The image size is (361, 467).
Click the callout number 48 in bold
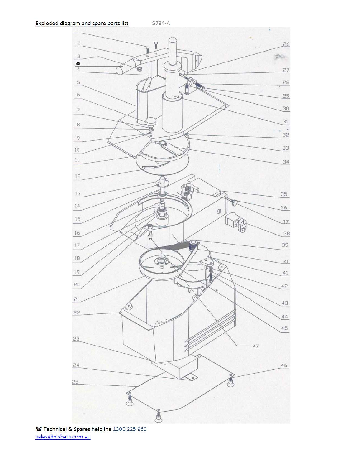(78, 64)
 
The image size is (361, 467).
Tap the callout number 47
(256, 346)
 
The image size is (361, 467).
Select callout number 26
(286, 44)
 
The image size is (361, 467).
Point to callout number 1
(78, 30)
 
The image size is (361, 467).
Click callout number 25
(75, 382)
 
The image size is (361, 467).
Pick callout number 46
(284, 365)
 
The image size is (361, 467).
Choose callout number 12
(78, 176)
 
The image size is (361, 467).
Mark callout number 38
(286, 233)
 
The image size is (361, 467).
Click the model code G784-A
(161, 23)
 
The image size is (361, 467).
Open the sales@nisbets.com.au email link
(63, 436)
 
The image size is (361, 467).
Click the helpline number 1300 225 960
(130, 429)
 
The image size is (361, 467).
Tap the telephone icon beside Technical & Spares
(39, 429)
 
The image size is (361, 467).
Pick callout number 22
(77, 313)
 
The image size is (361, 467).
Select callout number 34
(286, 162)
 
